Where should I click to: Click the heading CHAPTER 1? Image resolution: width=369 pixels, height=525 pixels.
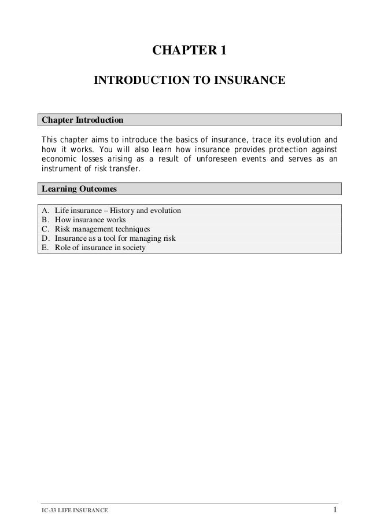coord(189,52)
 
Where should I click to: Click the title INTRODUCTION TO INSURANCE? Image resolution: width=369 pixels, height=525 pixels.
coord(189,79)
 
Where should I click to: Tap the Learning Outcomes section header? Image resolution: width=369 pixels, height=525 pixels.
coord(78,189)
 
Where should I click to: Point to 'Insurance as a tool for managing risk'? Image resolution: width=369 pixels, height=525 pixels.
coord(115,238)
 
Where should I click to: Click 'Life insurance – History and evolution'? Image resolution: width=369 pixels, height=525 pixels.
coord(117,211)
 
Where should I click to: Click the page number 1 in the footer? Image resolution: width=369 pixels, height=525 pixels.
coord(335,509)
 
